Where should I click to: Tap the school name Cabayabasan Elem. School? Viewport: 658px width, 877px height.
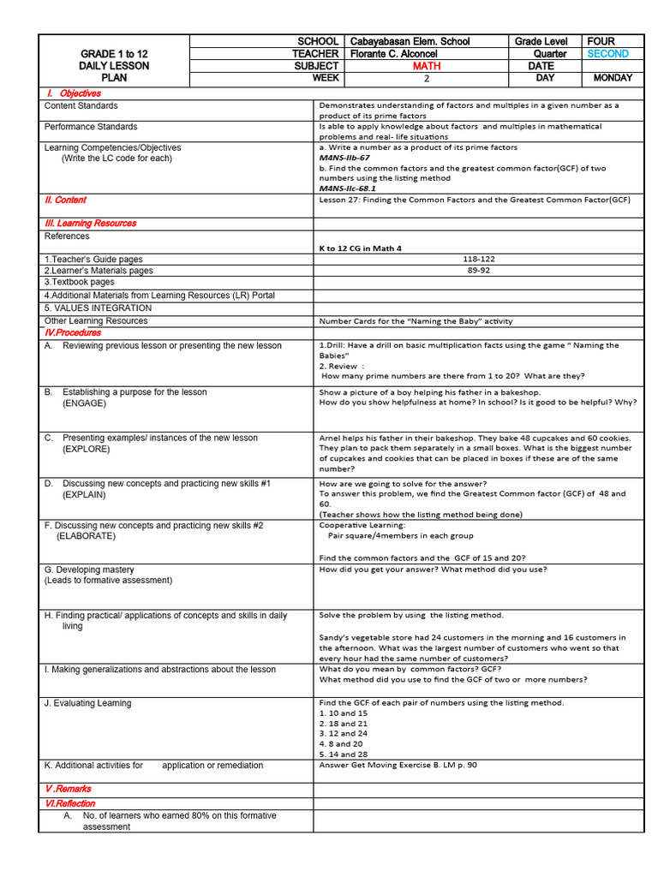point(410,41)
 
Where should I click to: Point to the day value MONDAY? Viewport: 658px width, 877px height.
point(613,78)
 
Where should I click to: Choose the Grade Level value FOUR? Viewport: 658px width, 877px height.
point(601,41)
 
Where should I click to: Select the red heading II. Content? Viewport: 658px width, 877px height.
point(65,200)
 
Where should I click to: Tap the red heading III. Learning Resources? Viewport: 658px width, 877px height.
point(90,224)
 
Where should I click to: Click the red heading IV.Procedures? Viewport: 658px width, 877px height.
point(73,332)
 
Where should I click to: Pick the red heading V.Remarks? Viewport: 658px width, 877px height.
point(68,789)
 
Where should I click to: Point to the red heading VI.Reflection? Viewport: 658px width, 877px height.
point(70,804)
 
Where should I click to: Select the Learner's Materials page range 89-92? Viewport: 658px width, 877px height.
point(478,270)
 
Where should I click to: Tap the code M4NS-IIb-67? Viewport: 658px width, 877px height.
point(344,158)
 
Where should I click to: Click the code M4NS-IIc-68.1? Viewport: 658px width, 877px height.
point(347,188)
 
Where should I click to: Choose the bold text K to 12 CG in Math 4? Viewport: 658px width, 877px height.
point(360,248)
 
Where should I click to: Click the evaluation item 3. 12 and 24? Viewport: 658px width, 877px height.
point(343,734)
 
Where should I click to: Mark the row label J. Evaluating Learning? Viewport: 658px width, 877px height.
point(88,703)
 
